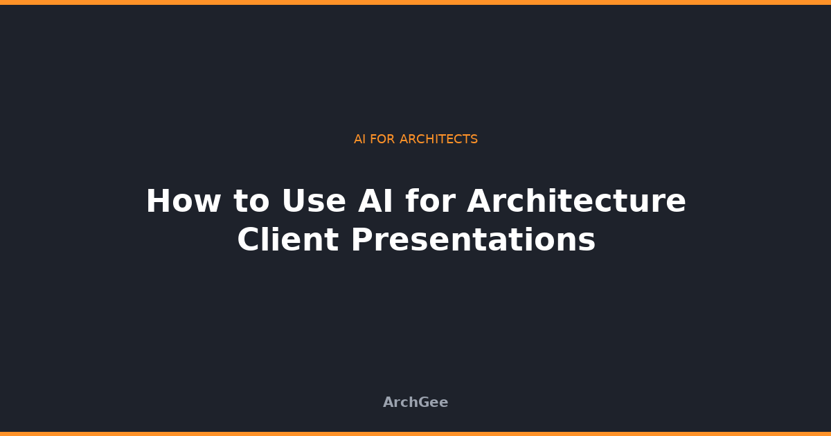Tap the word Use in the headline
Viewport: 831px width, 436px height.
(x=313, y=201)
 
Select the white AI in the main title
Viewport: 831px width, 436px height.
(x=376, y=201)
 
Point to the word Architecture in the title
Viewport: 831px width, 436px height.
(x=576, y=201)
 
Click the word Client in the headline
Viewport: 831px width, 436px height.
(x=287, y=240)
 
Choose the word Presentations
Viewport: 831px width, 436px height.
(x=473, y=240)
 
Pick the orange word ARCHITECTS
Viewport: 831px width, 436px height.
(x=438, y=139)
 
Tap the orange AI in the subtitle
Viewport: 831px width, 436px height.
(x=359, y=139)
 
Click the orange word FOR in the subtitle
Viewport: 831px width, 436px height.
(x=382, y=139)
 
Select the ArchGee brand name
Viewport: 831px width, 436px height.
(x=415, y=402)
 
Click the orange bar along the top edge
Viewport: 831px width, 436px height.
(x=415, y=2)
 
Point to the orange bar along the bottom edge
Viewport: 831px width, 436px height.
(x=415, y=433)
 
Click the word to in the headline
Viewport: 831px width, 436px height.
(x=249, y=201)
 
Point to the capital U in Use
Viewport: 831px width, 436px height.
(x=293, y=201)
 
